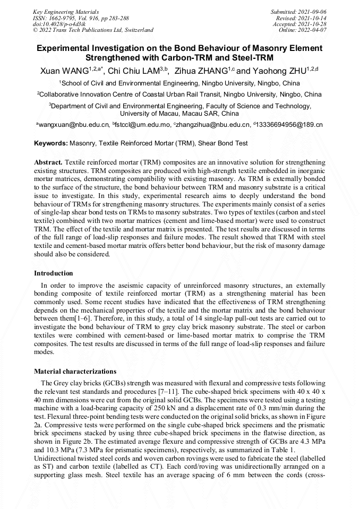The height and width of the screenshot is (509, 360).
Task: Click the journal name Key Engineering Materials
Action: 65,11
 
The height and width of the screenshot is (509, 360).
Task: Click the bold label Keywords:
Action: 51,143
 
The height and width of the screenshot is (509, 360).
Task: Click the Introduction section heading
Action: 54,273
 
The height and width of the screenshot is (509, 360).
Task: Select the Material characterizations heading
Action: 75,371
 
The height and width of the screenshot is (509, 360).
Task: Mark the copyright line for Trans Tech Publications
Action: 93,30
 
